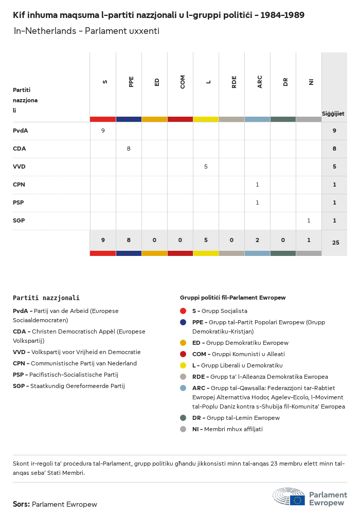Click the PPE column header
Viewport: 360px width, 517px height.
pyautogui.click(x=131, y=82)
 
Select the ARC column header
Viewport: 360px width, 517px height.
pyautogui.click(x=260, y=82)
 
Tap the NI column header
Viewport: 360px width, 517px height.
pyautogui.click(x=311, y=82)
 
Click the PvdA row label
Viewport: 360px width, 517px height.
pyautogui.click(x=21, y=131)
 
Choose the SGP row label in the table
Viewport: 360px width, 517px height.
pyautogui.click(x=19, y=220)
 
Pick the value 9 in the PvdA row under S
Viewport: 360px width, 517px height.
pyautogui.click(x=103, y=131)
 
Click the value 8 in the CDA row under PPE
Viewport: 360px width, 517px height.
pyautogui.click(x=129, y=149)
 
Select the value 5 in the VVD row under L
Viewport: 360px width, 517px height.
pyautogui.click(x=206, y=167)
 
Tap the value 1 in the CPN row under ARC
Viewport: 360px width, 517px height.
pyautogui.click(x=257, y=184)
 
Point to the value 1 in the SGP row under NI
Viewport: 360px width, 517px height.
pyautogui.click(x=309, y=220)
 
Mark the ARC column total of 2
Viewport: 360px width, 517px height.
pyautogui.click(x=257, y=240)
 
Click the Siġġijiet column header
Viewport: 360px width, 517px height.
pyautogui.click(x=333, y=113)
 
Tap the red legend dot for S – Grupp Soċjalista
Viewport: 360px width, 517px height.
pyautogui.click(x=183, y=311)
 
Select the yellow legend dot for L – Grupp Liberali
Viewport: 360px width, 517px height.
pyautogui.click(x=183, y=365)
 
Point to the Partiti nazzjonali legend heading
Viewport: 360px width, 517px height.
pyautogui.click(x=46, y=298)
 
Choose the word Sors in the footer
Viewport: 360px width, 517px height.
pyautogui.click(x=21, y=504)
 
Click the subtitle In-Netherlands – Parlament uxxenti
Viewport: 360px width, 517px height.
pyautogui.click(x=86, y=31)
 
